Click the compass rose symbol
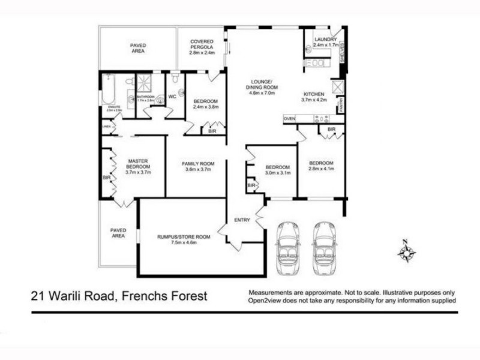click(x=406, y=251)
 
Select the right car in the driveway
click(x=325, y=247)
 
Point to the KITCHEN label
click(x=314, y=95)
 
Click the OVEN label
click(x=290, y=119)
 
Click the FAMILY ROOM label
click(x=198, y=163)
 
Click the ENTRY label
click(x=242, y=220)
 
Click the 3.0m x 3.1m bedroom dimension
click(x=278, y=173)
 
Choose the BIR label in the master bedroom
click(x=106, y=178)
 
